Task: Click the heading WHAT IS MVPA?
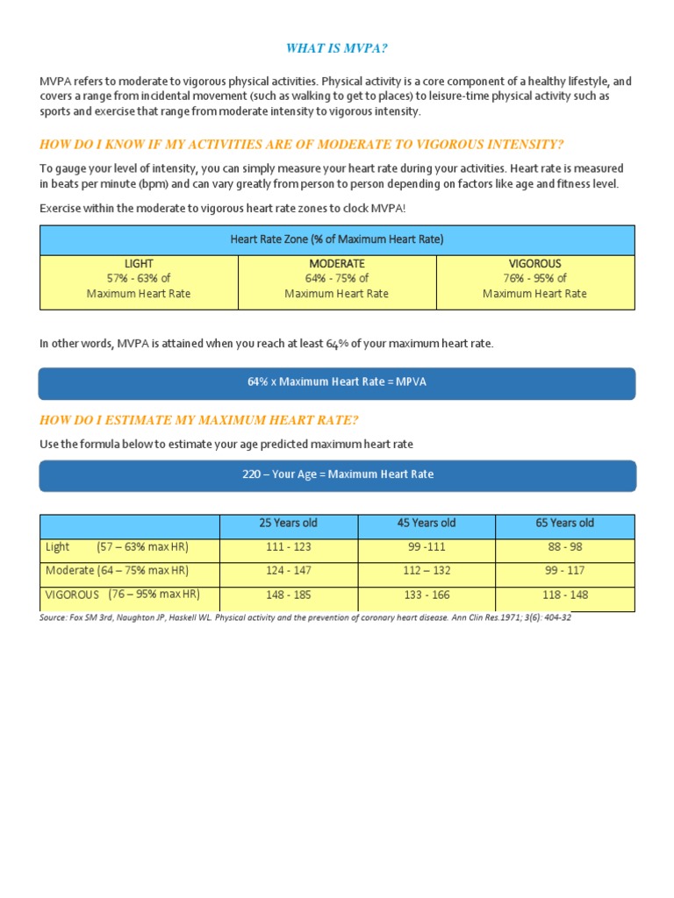(x=337, y=47)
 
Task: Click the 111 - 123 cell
(x=289, y=546)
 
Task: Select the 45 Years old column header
(x=427, y=524)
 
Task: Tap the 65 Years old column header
(x=564, y=524)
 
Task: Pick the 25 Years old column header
(x=289, y=524)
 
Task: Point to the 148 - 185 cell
(x=289, y=595)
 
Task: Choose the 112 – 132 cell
(x=427, y=571)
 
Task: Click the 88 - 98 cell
(x=564, y=546)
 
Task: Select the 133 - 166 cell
(x=427, y=595)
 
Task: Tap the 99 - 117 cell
(x=564, y=571)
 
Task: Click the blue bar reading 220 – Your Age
(x=337, y=474)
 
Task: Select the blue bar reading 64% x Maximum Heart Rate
(x=337, y=382)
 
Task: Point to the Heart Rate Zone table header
(x=337, y=239)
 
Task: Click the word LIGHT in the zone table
(x=139, y=264)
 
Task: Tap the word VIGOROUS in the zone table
(x=535, y=264)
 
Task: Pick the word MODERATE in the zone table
(x=337, y=264)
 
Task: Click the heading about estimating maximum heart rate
(x=199, y=420)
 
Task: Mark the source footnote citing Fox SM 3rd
(x=305, y=617)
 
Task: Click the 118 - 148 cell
(x=564, y=595)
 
